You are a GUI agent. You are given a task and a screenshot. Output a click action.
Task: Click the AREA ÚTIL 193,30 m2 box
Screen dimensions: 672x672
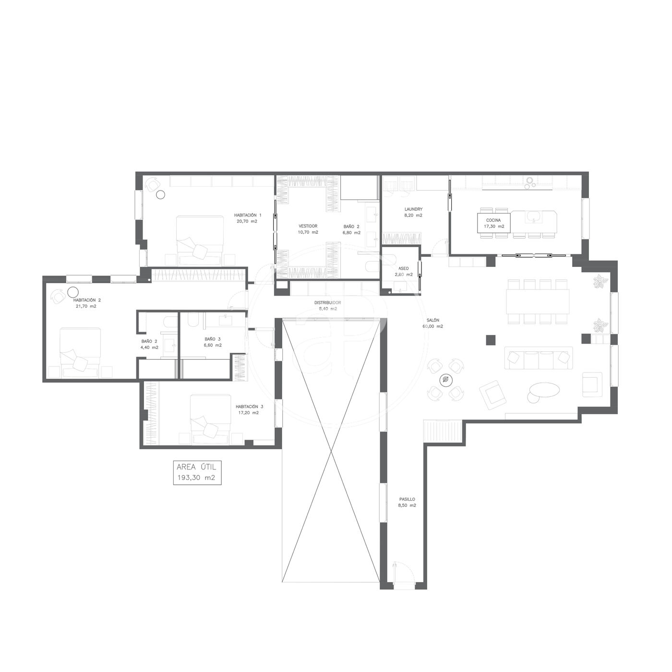click(197, 473)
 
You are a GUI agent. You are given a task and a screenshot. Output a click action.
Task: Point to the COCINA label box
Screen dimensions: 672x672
click(494, 223)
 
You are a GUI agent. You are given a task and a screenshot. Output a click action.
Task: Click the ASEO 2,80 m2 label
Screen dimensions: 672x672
click(404, 272)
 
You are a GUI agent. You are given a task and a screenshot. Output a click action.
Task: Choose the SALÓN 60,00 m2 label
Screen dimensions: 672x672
click(433, 323)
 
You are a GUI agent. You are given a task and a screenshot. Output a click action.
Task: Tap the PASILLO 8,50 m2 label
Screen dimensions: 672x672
click(407, 502)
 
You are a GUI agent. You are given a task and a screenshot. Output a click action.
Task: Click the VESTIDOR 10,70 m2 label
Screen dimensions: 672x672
click(308, 229)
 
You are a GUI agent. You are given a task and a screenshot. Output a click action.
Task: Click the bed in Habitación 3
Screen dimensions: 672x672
click(211, 420)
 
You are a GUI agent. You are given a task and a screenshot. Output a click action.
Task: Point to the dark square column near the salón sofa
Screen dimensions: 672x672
click(491, 340)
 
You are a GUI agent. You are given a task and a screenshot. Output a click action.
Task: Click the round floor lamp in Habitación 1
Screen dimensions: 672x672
click(160, 194)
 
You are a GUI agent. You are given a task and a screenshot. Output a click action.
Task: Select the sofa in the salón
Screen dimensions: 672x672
click(539, 358)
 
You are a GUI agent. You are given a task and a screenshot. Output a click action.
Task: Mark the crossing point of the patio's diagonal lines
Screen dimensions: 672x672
click(331, 452)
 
